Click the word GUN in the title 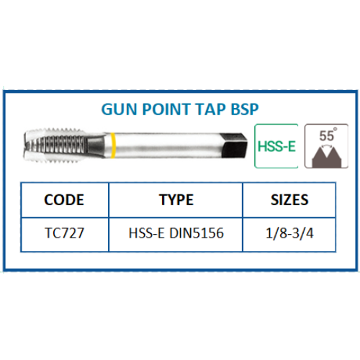pyautogui.click(x=119, y=109)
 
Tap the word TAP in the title pyautogui.click(x=210, y=109)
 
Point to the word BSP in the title pyautogui.click(x=245, y=109)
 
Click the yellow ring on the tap pyautogui.click(x=112, y=145)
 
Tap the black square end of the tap pyautogui.click(x=235, y=145)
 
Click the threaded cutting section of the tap pyautogui.click(x=55, y=145)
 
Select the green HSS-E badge pyautogui.click(x=276, y=146)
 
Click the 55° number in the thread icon pyautogui.click(x=328, y=135)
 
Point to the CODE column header pyautogui.click(x=64, y=199)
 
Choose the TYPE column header pyautogui.click(x=176, y=199)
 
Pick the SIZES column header pyautogui.click(x=289, y=199)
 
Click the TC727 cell pyautogui.click(x=64, y=233)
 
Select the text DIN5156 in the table pyautogui.click(x=197, y=233)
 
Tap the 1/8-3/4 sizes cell pyautogui.click(x=289, y=233)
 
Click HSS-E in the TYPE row pyautogui.click(x=146, y=233)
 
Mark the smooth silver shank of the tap pyautogui.click(x=166, y=145)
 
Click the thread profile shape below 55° pyautogui.click(x=327, y=157)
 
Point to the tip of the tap pyautogui.click(x=24, y=145)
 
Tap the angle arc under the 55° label pyautogui.click(x=327, y=145)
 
